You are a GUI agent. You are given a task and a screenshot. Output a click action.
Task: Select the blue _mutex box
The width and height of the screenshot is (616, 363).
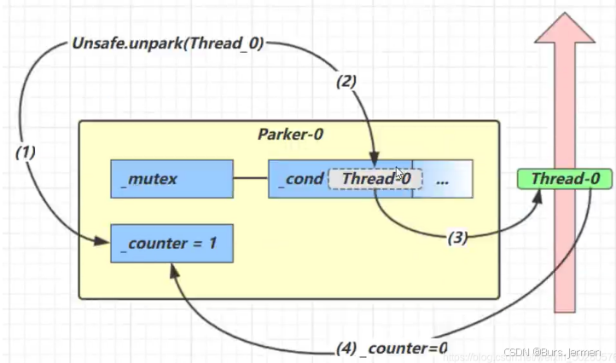point(171,179)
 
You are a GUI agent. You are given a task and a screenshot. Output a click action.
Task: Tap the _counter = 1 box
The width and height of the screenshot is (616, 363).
point(171,243)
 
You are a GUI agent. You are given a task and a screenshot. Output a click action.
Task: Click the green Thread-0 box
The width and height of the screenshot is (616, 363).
point(565,178)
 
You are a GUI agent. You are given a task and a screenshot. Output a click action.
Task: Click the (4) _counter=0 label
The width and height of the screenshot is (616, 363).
point(390,348)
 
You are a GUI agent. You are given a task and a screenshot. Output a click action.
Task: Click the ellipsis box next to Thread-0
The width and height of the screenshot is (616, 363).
point(442,179)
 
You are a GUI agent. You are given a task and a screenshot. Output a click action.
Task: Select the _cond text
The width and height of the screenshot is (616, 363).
point(299,179)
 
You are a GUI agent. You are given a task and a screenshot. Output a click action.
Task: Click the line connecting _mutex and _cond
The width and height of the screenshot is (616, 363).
point(251,179)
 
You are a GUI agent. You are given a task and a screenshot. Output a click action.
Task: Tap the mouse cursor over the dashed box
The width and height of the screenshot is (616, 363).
point(400,174)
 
